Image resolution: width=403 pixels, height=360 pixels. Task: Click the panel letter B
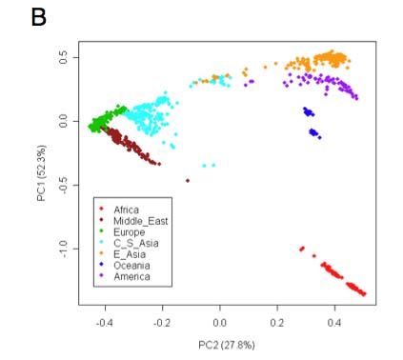39,17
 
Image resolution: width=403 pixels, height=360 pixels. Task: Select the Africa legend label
126,210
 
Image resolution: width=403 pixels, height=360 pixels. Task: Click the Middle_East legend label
141,221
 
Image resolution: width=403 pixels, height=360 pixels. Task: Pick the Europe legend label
130,232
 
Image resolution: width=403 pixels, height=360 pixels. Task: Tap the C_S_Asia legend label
136,244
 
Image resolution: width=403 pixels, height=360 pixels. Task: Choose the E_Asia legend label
130,254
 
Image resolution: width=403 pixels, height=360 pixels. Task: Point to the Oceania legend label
131,266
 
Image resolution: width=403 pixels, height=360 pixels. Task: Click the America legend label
131,276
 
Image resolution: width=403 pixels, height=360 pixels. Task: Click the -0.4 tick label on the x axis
105,323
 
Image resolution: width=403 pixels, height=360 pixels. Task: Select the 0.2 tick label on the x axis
277,323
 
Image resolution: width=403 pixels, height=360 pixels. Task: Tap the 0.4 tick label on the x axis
334,323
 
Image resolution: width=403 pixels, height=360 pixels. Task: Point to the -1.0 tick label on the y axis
63,249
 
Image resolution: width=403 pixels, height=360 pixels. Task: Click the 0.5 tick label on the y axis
63,57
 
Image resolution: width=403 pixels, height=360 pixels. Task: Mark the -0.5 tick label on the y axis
63,185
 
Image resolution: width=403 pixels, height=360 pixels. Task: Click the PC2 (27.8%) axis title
227,345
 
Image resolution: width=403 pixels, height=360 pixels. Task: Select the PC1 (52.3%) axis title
42,173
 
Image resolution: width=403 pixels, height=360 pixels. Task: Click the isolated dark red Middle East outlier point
188,181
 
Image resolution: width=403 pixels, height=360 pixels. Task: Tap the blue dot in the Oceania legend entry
101,264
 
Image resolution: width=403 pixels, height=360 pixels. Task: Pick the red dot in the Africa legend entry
101,209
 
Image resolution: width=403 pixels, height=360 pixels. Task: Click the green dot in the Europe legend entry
101,230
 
